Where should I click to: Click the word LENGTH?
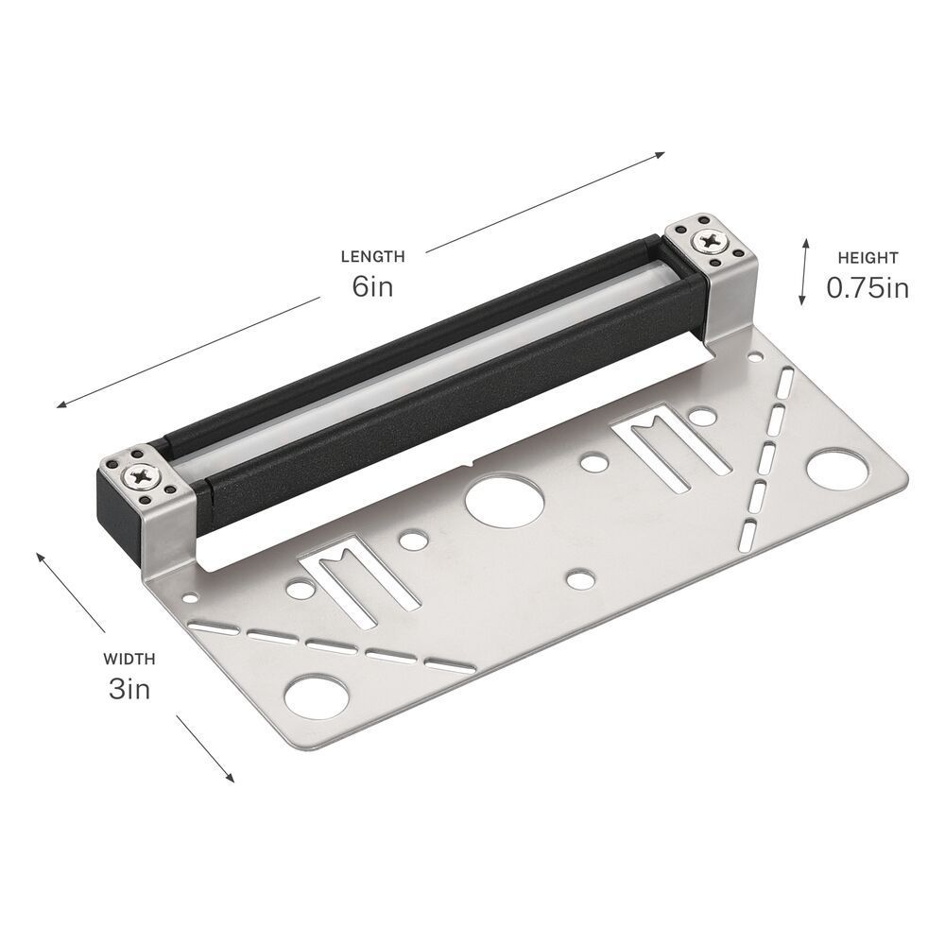point(373,257)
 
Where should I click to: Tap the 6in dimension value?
point(373,286)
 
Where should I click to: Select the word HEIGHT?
point(868,258)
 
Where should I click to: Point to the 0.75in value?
point(868,288)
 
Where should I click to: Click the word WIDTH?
point(129,659)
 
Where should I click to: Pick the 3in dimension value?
point(129,689)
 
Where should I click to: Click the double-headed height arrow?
point(804,271)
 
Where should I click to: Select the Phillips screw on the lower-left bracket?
point(144,478)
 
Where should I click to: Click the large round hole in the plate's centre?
point(505,500)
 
